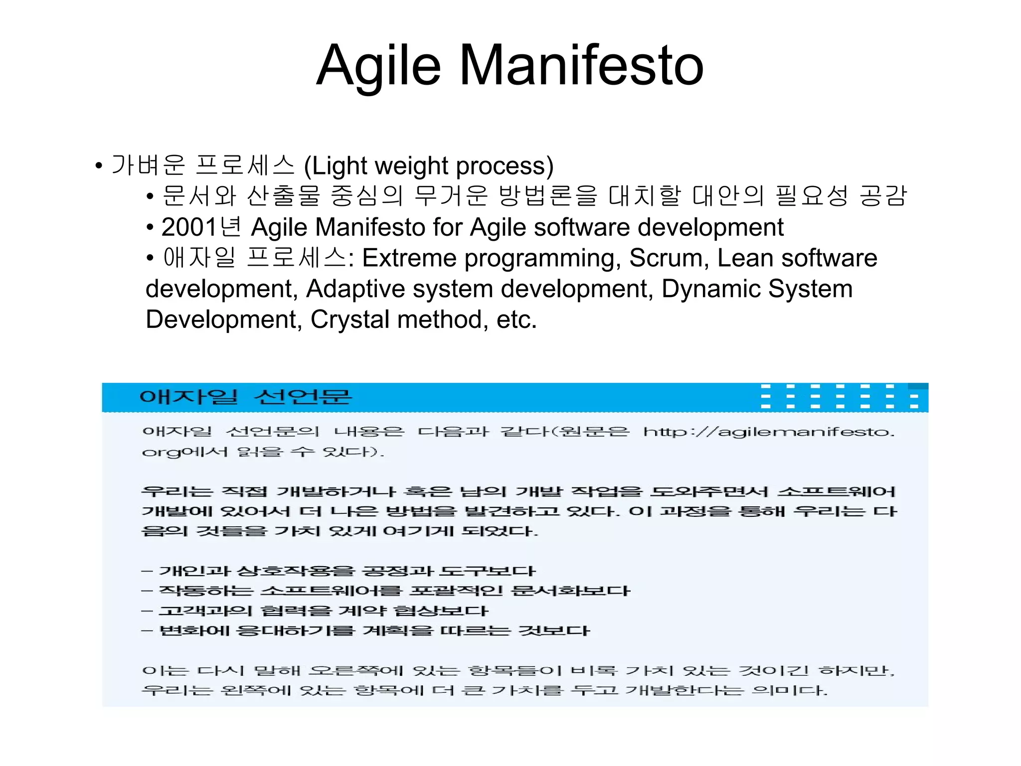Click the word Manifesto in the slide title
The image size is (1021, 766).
(581, 65)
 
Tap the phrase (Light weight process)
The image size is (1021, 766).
(429, 166)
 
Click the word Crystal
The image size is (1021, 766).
(349, 319)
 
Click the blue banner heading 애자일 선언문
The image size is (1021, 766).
(245, 397)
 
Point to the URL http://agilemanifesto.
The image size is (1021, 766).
(768, 432)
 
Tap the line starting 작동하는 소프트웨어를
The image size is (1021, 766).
(386, 591)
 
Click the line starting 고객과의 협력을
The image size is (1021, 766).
(315, 611)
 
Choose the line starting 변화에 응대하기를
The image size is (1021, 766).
(366, 631)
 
